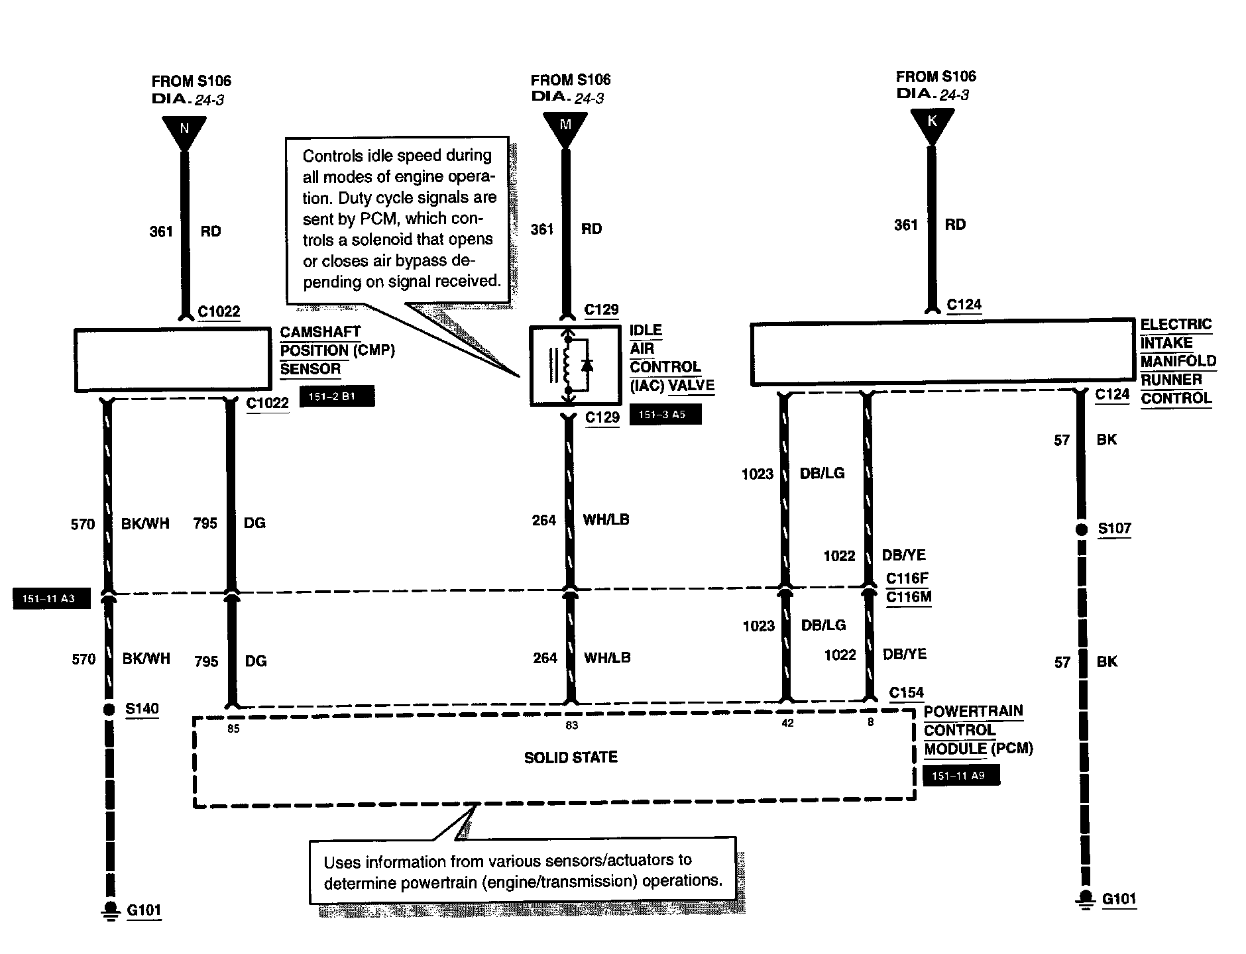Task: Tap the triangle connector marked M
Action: tap(565, 126)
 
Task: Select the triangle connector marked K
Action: tap(932, 123)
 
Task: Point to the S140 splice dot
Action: tap(109, 710)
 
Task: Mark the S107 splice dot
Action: tap(1081, 529)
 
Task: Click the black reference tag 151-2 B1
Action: tap(337, 396)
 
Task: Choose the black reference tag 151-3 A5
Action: tap(665, 415)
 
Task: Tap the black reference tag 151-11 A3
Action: tap(51, 599)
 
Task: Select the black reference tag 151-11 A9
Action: tap(960, 776)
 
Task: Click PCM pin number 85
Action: tap(233, 729)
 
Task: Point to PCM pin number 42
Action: tap(787, 723)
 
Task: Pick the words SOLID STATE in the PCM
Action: tap(571, 757)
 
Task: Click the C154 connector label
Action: tap(906, 692)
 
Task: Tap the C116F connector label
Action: tap(908, 578)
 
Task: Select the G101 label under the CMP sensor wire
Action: tap(144, 910)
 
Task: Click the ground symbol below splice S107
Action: tap(1085, 899)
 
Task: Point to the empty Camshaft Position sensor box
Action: tap(172, 360)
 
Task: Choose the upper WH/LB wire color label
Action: tap(606, 519)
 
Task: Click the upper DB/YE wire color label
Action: tap(904, 555)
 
